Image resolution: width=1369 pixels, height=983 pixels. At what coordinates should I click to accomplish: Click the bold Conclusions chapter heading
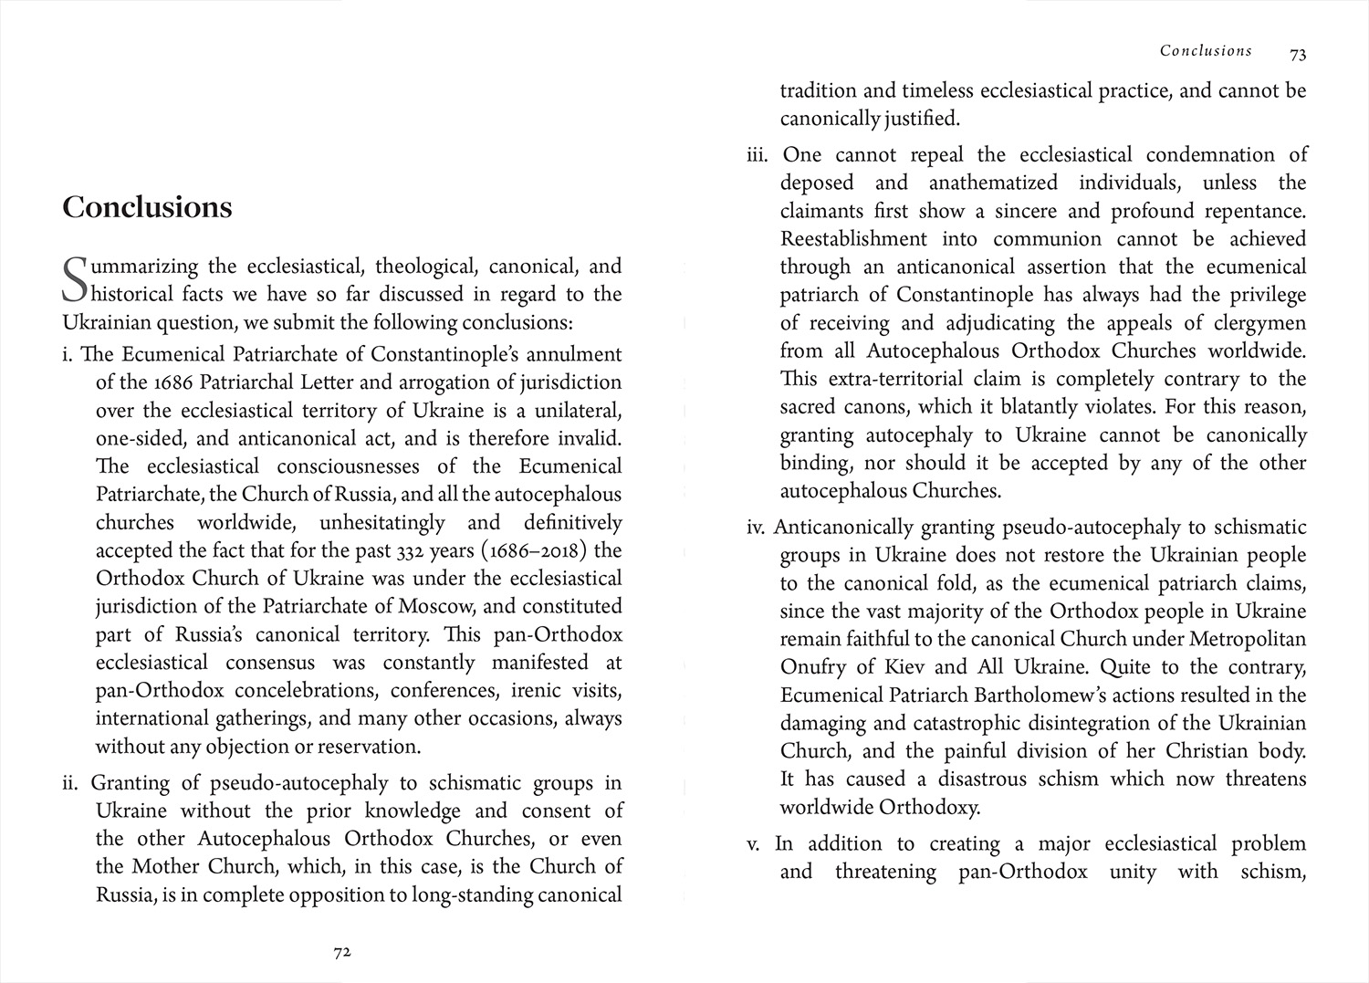147,207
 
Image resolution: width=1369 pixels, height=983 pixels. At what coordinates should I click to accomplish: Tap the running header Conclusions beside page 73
1206,51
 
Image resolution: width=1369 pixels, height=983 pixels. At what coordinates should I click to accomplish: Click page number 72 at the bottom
342,952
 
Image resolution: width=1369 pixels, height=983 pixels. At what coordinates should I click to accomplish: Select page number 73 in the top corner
1298,55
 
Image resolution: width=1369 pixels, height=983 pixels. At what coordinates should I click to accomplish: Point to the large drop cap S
77,281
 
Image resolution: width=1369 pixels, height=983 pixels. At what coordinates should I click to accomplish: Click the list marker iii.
758,155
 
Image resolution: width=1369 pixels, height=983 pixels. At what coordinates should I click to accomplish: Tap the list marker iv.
755,528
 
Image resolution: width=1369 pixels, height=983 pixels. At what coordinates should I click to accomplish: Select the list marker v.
753,844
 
